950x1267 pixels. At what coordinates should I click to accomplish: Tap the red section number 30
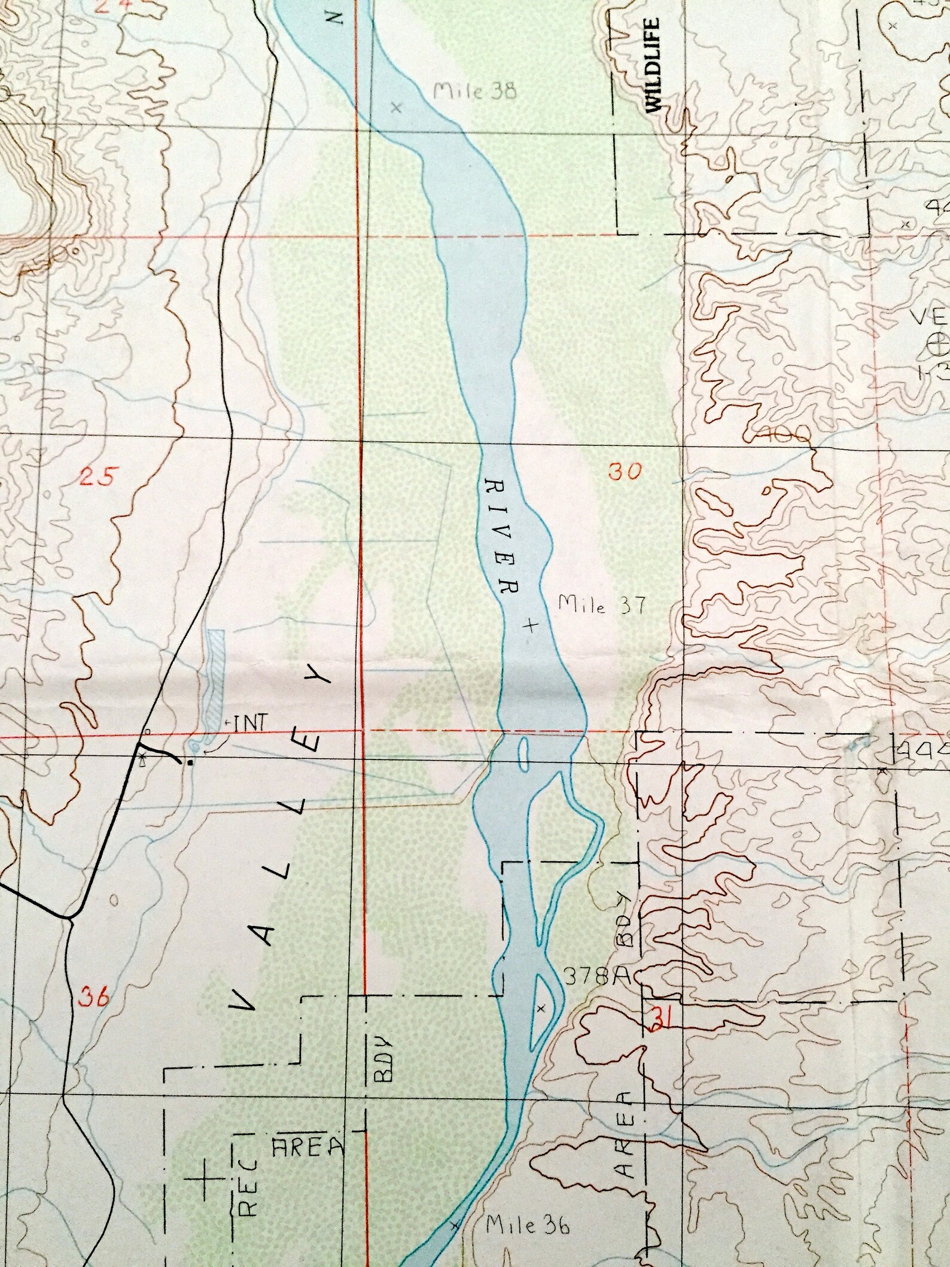[625, 471]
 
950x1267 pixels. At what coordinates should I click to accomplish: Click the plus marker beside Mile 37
[529, 625]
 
